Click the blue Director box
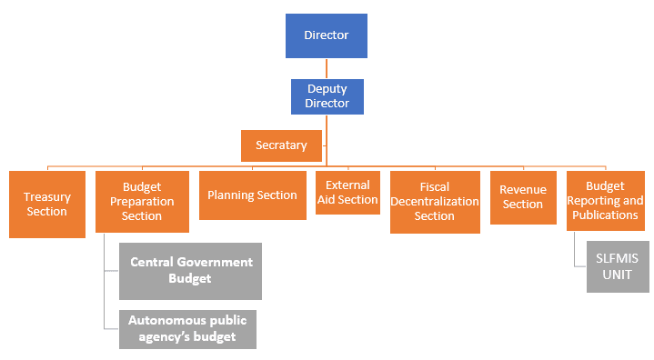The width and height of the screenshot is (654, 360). click(327, 35)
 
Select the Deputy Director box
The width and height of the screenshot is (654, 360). click(327, 96)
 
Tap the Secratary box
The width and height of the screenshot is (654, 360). click(281, 145)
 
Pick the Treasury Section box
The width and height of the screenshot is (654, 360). click(46, 205)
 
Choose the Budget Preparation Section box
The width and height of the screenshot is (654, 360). click(142, 202)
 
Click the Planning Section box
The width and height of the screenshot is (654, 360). click(252, 195)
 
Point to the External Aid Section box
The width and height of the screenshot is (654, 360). click(347, 192)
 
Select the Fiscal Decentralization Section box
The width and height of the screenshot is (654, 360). click(434, 202)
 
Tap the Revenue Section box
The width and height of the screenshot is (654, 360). click(523, 196)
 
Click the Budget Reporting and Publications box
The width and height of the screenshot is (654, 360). click(605, 200)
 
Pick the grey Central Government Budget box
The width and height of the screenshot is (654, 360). click(191, 270)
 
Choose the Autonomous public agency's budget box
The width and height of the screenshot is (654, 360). click(188, 329)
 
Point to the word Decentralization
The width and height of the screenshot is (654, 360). click(435, 201)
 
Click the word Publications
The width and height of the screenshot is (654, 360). click(605, 215)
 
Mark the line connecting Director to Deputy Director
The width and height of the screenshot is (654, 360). click(327, 68)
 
